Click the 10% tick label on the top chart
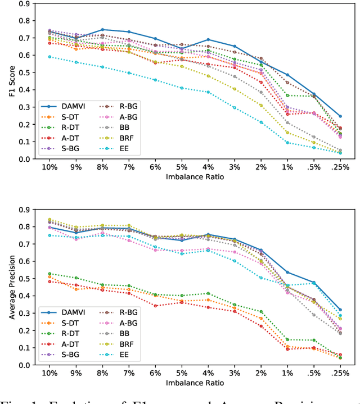tap(49, 167)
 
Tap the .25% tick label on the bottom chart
tap(340, 373)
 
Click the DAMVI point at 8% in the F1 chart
tap(102, 29)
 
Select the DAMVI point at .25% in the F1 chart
tap(340, 116)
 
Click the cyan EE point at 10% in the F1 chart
tap(49, 57)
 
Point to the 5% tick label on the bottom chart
tap(182, 373)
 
